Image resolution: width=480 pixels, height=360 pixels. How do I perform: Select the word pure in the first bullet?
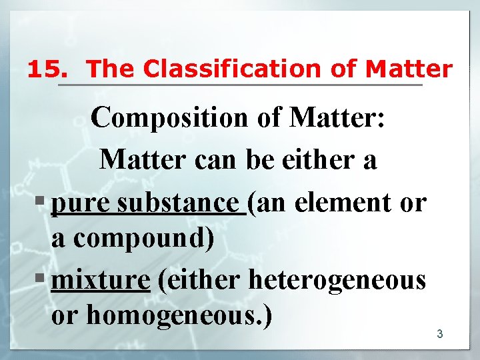point(80,203)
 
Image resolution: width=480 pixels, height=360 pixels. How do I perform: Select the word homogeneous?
point(179,315)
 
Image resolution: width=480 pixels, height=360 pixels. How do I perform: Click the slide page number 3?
point(439,333)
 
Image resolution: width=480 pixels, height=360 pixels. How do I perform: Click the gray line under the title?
point(239,85)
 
